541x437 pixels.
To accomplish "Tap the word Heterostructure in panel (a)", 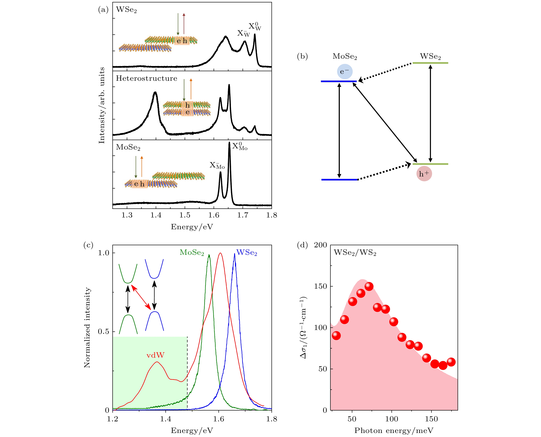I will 146,79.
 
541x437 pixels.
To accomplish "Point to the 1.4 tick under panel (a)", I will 156,215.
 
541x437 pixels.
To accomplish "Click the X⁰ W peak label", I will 255,26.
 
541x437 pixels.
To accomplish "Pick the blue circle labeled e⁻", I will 345,72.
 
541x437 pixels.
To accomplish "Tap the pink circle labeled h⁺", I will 424,174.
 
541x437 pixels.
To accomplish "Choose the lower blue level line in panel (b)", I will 339,180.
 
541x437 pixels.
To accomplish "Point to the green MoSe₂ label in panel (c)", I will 192,252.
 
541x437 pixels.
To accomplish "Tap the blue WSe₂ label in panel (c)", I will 247,252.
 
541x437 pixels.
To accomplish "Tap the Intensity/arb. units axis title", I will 102,105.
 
